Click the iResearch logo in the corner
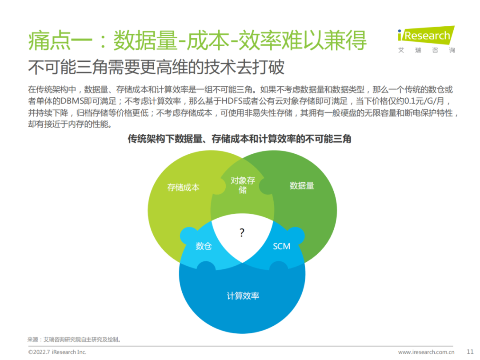[x=426, y=35]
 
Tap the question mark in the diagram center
[x=242, y=233]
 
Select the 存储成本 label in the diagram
[x=183, y=187]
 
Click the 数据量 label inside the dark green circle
[x=302, y=185]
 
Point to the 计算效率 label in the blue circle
[x=243, y=296]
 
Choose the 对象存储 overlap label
[x=243, y=185]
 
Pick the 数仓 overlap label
[x=204, y=246]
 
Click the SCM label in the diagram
[x=281, y=246]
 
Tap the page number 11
[x=470, y=352]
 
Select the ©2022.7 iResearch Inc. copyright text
[x=57, y=352]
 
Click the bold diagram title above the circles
[x=240, y=139]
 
